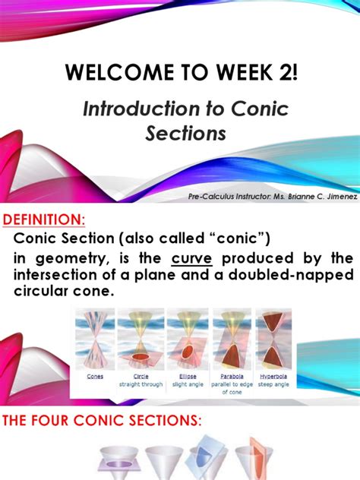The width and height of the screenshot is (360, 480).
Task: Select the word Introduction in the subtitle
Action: click(135, 109)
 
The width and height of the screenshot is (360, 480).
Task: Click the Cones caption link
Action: click(96, 375)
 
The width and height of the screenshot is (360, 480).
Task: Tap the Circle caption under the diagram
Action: click(142, 375)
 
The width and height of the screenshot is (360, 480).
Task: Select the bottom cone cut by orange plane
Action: click(250, 460)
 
